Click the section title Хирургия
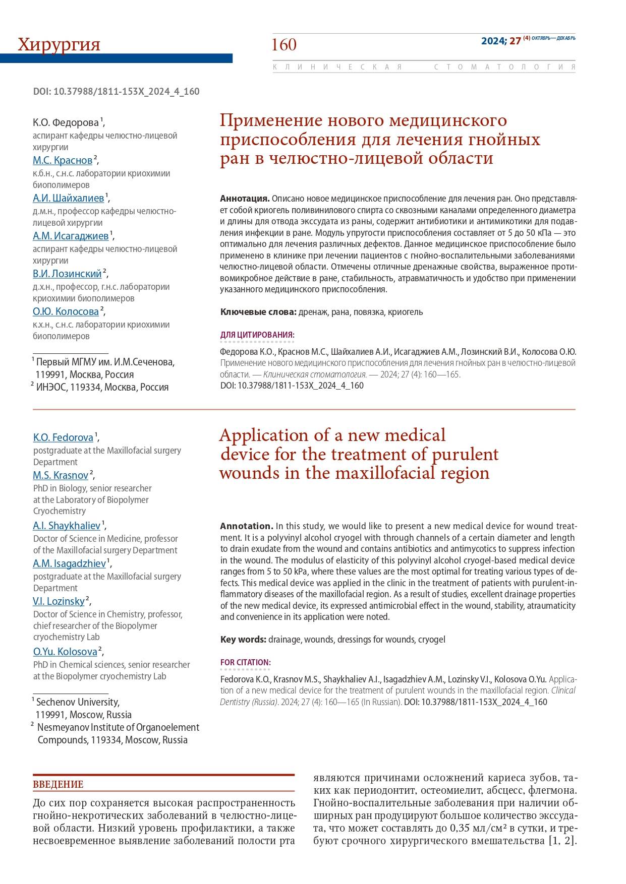click(59, 45)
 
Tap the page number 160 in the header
click(284, 45)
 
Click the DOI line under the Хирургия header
click(116, 91)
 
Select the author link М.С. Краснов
click(63, 160)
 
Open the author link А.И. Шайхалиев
click(68, 198)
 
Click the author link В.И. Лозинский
click(67, 274)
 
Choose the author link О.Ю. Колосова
click(66, 311)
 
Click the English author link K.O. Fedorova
click(63, 437)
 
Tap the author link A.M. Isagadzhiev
click(69, 563)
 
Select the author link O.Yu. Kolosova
click(65, 652)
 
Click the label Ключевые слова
click(258, 312)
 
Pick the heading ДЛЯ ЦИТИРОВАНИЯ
click(257, 335)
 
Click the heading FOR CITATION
click(245, 662)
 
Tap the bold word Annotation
click(246, 526)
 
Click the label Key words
click(243, 640)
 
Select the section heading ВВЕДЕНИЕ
click(58, 785)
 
